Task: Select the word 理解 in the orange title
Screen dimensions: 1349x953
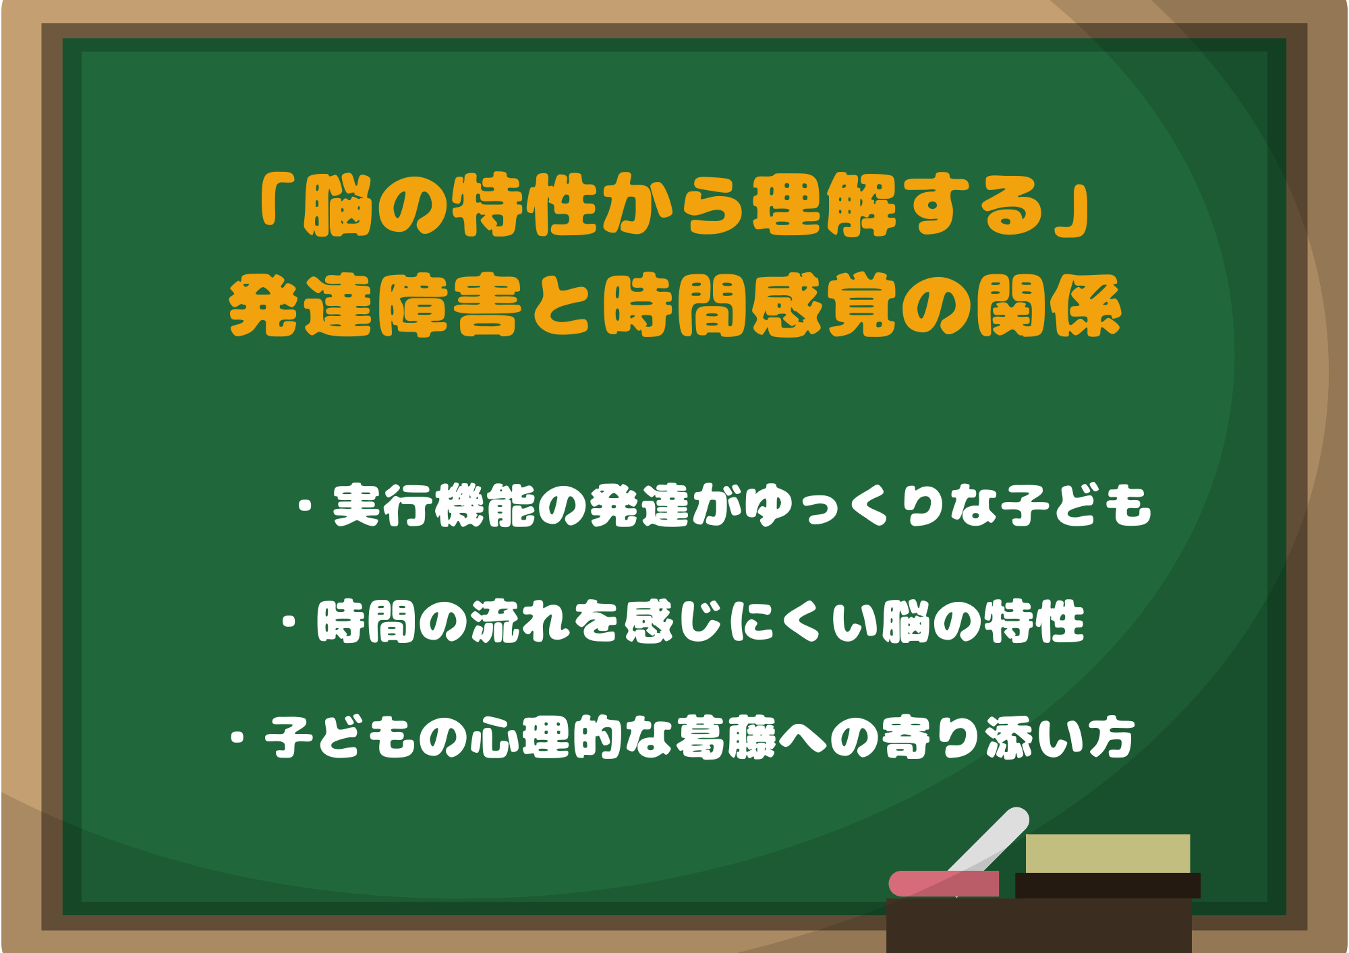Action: point(824,206)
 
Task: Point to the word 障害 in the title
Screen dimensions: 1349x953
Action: point(450,307)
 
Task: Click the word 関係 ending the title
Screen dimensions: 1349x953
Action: point(1049,307)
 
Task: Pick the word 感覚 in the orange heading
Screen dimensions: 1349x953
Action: point(824,307)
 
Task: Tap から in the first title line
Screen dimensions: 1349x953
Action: point(674,206)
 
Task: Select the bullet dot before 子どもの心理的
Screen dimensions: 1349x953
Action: point(237,737)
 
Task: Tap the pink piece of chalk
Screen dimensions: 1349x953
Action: point(944,884)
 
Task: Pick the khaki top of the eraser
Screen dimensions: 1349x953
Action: point(1108,853)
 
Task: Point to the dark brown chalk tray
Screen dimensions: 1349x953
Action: point(1039,925)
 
